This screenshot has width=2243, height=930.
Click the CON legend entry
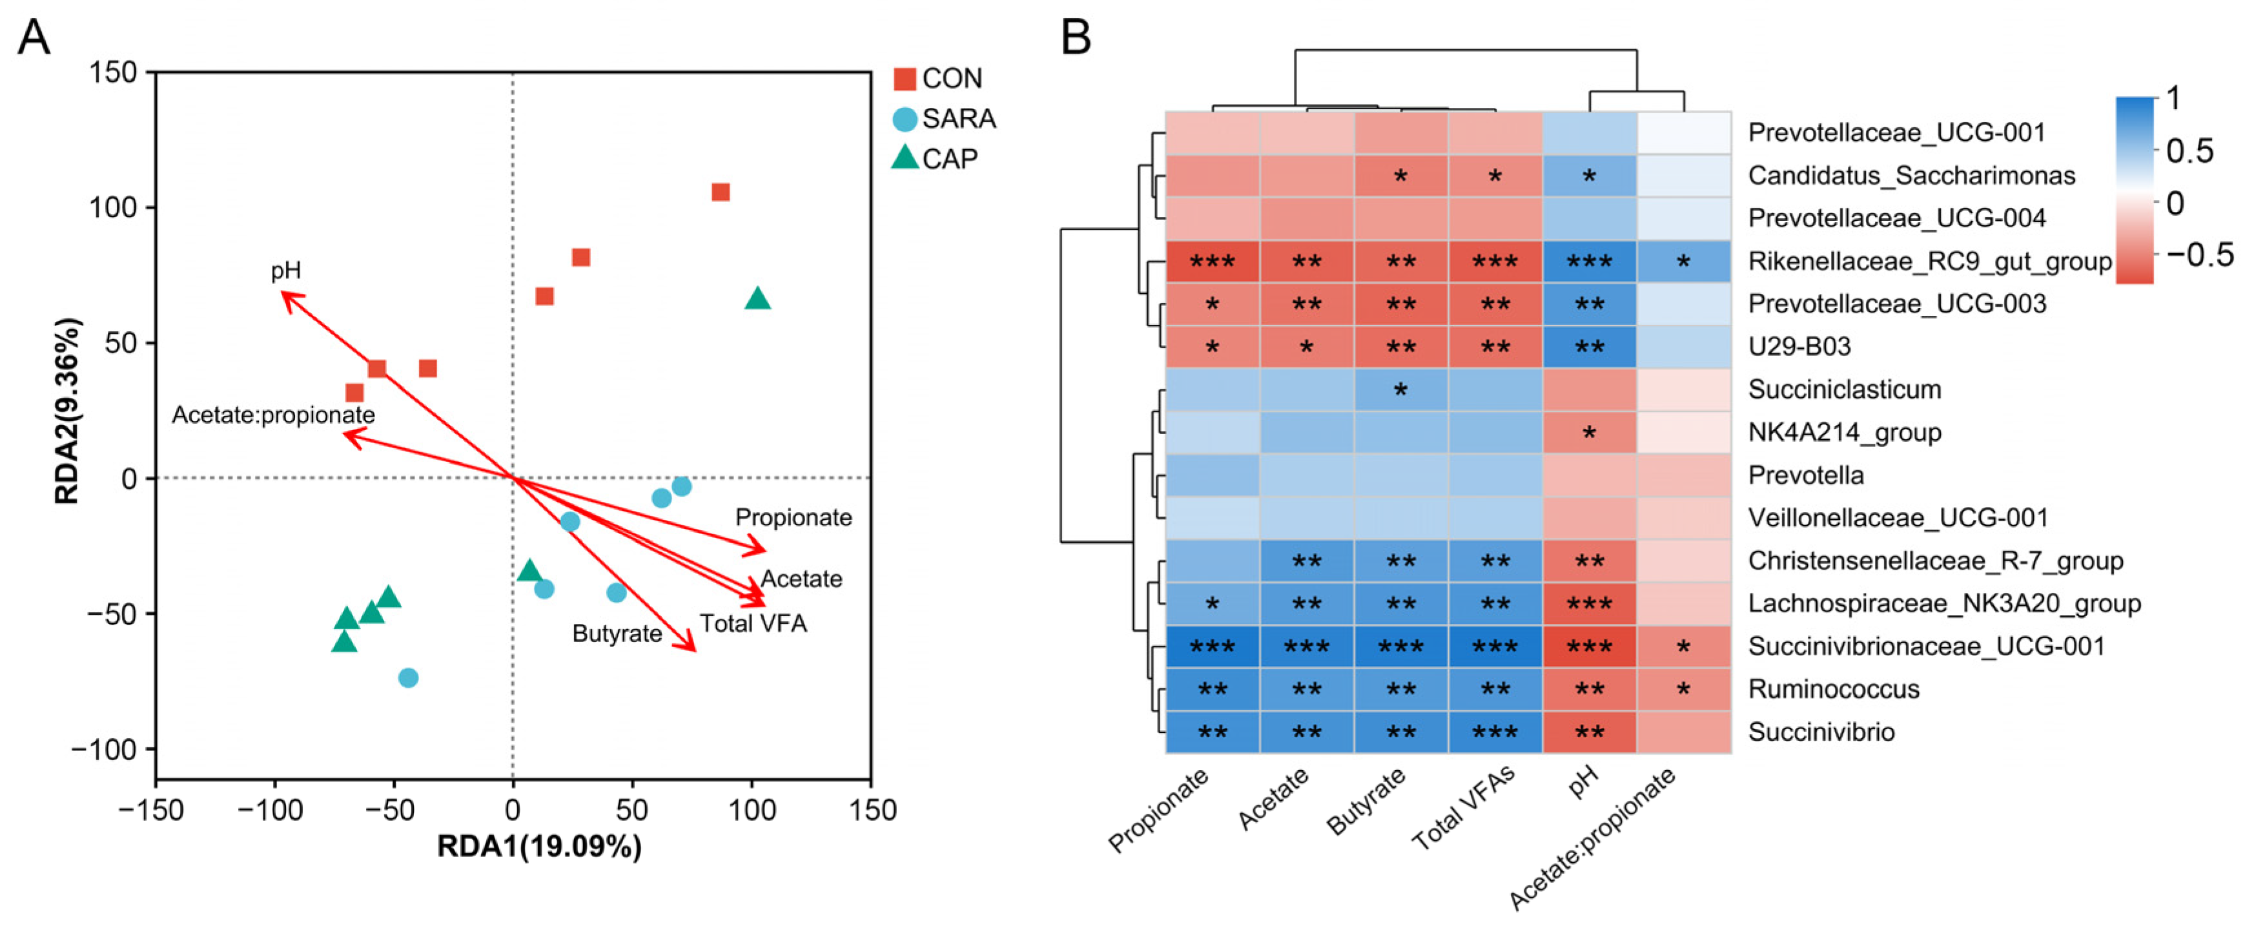951,78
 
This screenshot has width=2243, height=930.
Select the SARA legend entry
958,118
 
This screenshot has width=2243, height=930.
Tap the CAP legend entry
949,158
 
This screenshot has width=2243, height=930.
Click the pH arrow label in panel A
285,271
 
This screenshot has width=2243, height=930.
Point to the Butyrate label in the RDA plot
617,633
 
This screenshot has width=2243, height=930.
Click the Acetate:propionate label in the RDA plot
272,415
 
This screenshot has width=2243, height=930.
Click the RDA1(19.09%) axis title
539,847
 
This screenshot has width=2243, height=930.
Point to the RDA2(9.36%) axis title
67,411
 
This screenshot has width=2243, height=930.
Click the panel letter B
1076,37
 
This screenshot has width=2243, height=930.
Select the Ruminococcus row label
1833,689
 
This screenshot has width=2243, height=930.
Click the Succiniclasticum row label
1844,389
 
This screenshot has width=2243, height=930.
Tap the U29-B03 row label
1799,347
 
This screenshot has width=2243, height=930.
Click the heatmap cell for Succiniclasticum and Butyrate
1400,389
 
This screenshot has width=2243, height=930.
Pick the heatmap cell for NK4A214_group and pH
1589,432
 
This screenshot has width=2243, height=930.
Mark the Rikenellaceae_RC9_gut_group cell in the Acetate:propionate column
1683,261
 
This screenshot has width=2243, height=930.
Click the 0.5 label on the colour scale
2189,150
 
